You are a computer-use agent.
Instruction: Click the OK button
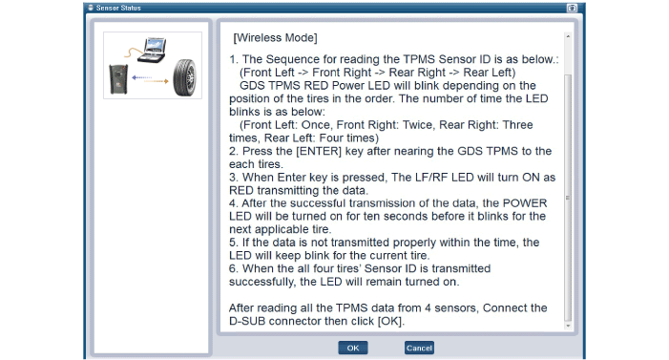pos(353,348)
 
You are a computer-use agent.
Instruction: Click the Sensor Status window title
pos(118,8)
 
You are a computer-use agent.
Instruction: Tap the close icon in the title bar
pos(572,8)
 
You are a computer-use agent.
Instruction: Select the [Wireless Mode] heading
pos(275,37)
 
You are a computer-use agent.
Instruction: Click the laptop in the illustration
pos(154,50)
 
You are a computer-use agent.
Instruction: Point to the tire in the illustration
pos(185,77)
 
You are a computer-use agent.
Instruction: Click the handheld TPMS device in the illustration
pos(118,78)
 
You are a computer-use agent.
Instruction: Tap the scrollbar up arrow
pos(568,36)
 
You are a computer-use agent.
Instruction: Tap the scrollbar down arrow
pos(568,326)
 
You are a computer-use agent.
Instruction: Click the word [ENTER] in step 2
pos(319,151)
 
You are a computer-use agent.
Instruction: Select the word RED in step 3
pos(241,190)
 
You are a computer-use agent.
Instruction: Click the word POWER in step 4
pos(525,203)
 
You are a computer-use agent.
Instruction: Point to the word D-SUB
pos(247,321)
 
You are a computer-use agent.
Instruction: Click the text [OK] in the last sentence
pos(390,321)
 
